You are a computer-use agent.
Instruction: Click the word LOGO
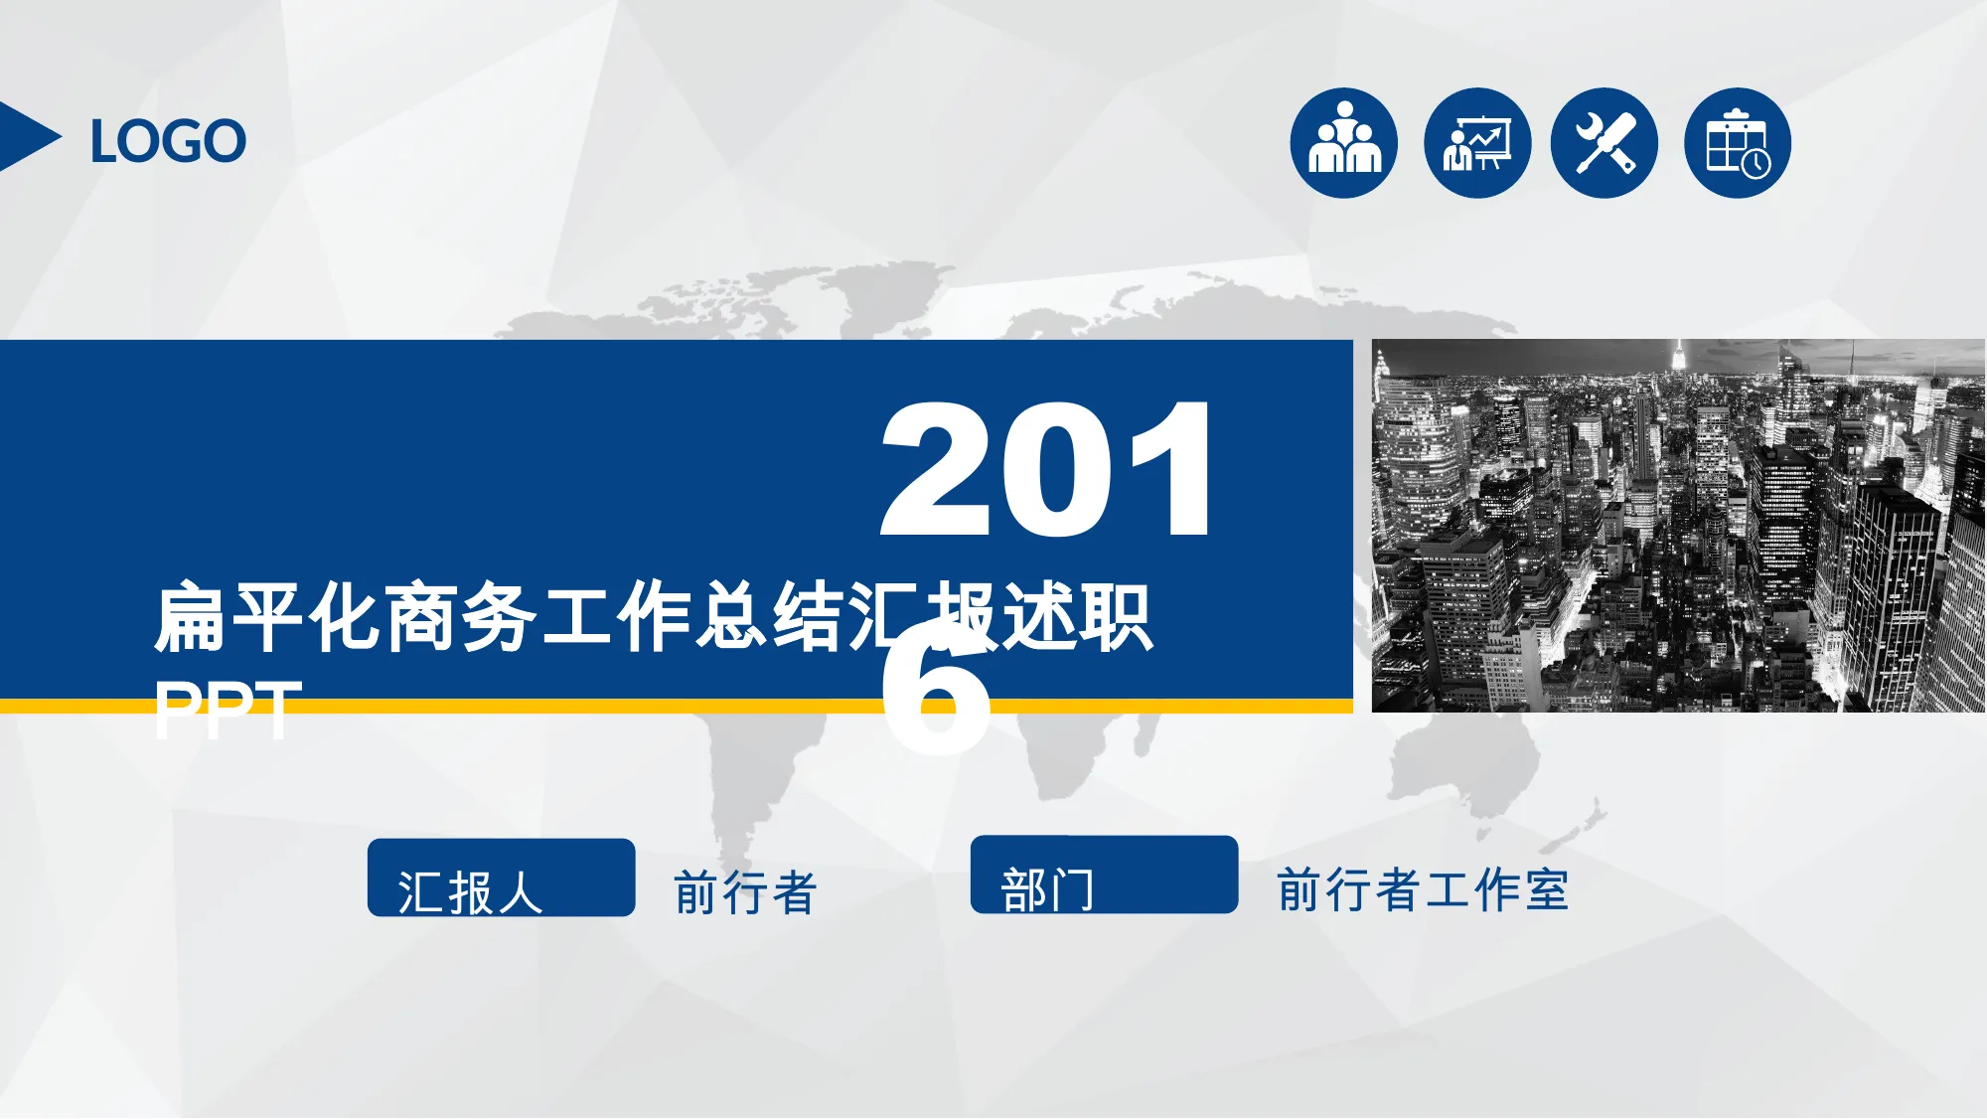pos(168,141)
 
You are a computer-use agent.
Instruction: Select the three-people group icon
pos(1344,143)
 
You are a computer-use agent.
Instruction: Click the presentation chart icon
pos(1477,143)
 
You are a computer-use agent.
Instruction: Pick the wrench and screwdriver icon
pos(1605,143)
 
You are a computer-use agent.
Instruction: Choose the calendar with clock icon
pos(1738,143)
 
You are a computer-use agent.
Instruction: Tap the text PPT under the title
pos(228,709)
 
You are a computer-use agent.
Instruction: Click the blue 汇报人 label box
pos(501,878)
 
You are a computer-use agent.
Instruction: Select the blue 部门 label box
pos(1104,875)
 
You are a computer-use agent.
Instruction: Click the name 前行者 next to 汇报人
pos(745,891)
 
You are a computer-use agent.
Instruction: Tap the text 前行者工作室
pos(1423,889)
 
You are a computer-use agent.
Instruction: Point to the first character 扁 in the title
pos(190,618)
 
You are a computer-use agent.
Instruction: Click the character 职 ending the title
pos(1117,618)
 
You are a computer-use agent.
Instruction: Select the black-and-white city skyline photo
pos(1678,526)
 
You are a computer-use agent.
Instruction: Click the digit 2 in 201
pos(935,468)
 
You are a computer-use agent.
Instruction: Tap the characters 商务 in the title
pos(461,618)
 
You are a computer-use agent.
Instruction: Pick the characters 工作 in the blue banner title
pos(616,618)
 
